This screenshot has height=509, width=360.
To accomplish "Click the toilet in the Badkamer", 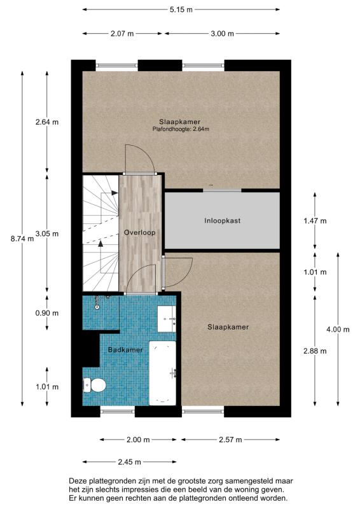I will click(95, 384).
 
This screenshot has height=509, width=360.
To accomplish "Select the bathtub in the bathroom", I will click(162, 372).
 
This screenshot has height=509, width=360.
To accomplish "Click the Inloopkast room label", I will click(222, 221).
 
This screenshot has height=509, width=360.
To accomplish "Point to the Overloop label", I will click(140, 232).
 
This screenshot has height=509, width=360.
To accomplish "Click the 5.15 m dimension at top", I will click(181, 10).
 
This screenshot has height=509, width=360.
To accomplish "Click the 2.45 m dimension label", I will click(129, 462).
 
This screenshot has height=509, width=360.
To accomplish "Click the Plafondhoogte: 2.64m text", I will click(181, 129).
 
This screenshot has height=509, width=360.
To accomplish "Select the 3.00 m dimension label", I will click(222, 34).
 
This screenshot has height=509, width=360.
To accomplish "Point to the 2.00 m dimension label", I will click(138, 440).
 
